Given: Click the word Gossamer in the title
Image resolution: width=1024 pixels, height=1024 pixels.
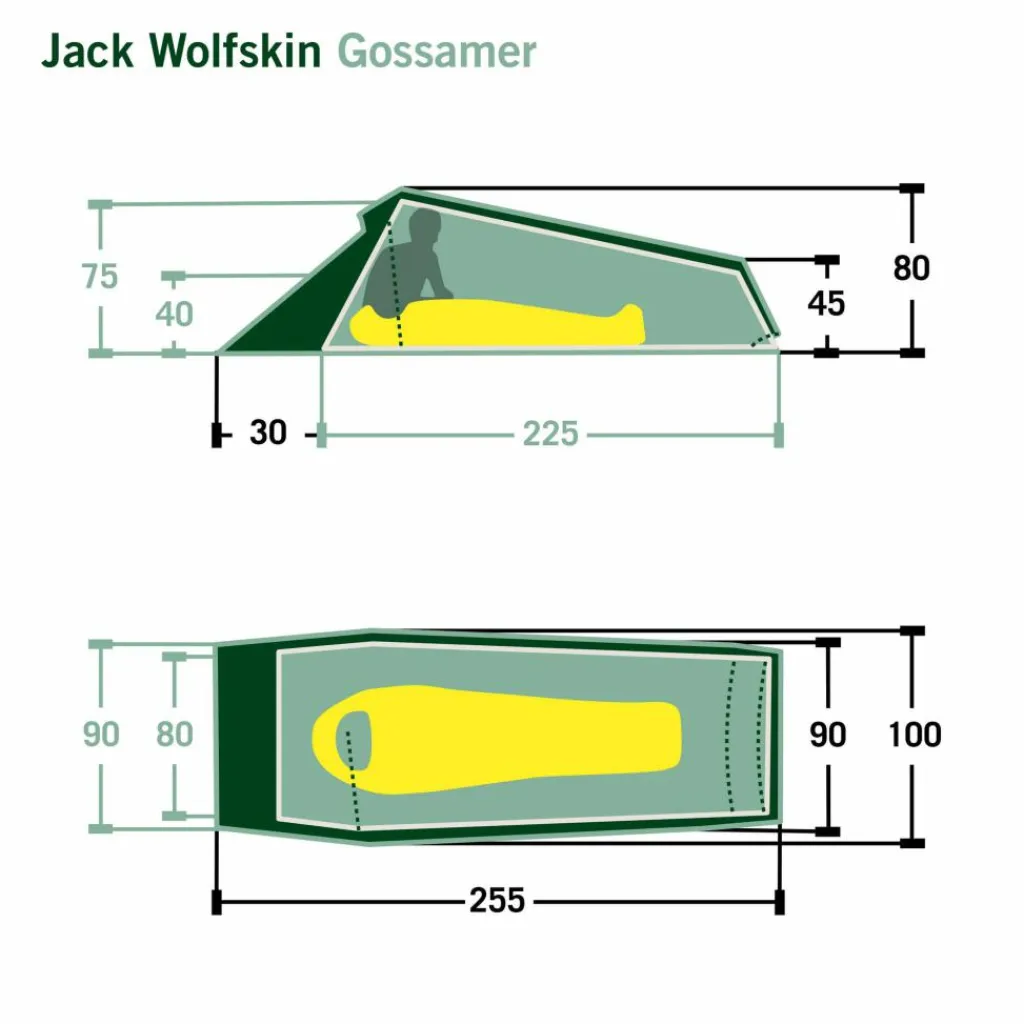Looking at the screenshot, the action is coord(437,52).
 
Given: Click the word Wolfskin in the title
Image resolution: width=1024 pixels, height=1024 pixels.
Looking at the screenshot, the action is coord(235,50).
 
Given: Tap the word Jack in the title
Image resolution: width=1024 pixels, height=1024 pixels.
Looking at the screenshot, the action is coord(88,50).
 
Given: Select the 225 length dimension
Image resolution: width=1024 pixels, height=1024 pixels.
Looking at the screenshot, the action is coord(550,434).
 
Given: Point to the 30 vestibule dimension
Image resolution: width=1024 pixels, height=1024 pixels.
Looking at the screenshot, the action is coord(268,432).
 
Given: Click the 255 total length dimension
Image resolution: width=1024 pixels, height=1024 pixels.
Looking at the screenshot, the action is coord(497,900).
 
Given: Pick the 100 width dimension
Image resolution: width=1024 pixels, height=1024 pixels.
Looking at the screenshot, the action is coord(914,735).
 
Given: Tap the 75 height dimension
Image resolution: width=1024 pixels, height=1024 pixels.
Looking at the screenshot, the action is coord(100,276).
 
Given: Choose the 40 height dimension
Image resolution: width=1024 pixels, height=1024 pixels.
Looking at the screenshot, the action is coord(174,314).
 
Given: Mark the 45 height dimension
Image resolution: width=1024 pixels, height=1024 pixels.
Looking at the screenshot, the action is coord(826,304).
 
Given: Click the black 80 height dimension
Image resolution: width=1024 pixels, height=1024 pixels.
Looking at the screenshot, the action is coord(911,268).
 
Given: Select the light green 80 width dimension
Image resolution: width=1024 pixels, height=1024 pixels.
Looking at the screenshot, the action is coord(174,734).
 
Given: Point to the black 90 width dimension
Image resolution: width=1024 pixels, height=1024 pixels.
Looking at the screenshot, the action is coord(827,735).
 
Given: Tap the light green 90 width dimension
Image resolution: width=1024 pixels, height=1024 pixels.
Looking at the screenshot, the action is coord(101,734).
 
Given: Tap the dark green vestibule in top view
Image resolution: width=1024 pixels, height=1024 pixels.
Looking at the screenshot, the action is coord(247,735).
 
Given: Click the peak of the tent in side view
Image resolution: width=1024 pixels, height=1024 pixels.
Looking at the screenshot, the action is coord(402,189).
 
